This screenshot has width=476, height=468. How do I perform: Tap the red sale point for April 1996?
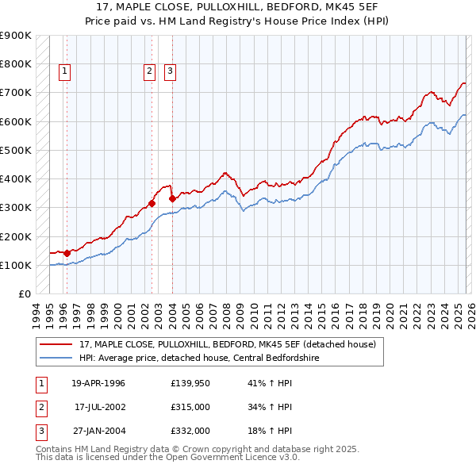(x=67, y=253)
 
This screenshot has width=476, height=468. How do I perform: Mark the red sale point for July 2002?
(x=152, y=203)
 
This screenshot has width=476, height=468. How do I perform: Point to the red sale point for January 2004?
(x=172, y=198)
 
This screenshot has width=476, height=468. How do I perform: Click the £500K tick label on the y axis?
(x=15, y=150)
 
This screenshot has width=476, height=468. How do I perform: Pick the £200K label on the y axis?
(x=15, y=236)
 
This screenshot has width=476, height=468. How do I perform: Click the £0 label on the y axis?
(x=24, y=293)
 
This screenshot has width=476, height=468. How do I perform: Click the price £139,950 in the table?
(x=190, y=383)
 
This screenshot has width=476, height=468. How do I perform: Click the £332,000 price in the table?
(x=190, y=431)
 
